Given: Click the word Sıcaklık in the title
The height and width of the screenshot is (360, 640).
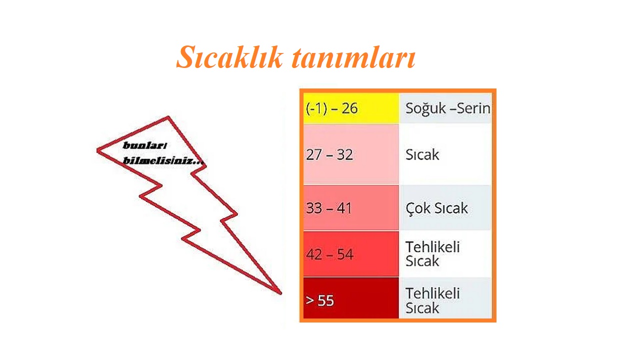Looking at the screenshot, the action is [229, 57].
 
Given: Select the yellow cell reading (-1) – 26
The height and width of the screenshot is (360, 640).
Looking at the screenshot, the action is [351, 108].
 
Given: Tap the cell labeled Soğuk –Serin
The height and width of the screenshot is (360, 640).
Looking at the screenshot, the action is [445, 108].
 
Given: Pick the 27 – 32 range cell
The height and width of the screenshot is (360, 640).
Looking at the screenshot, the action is [351, 154].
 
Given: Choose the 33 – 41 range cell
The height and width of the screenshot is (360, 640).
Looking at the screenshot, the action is [351, 207].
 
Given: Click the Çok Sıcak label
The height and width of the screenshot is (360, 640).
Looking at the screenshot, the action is [436, 208].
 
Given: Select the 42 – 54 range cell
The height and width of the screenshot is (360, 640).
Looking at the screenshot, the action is [351, 254].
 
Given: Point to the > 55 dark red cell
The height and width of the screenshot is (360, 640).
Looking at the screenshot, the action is [351, 298].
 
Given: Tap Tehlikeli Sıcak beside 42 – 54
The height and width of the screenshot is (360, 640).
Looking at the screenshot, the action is [432, 254].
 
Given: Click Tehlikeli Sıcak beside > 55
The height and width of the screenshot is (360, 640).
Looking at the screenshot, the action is [432, 300].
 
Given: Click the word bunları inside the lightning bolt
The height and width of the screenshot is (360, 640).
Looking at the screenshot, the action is [144, 145].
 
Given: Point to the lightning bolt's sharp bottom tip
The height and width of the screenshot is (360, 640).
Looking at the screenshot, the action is [280, 292].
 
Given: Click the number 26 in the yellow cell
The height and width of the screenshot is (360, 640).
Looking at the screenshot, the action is [349, 108].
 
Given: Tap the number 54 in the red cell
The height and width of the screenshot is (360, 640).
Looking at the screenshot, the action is [345, 254].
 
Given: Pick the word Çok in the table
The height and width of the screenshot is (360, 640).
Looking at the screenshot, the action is [417, 208].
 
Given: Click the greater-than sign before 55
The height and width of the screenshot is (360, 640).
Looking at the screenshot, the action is [309, 300].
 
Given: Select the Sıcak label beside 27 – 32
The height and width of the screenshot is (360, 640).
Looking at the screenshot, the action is [422, 154].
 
